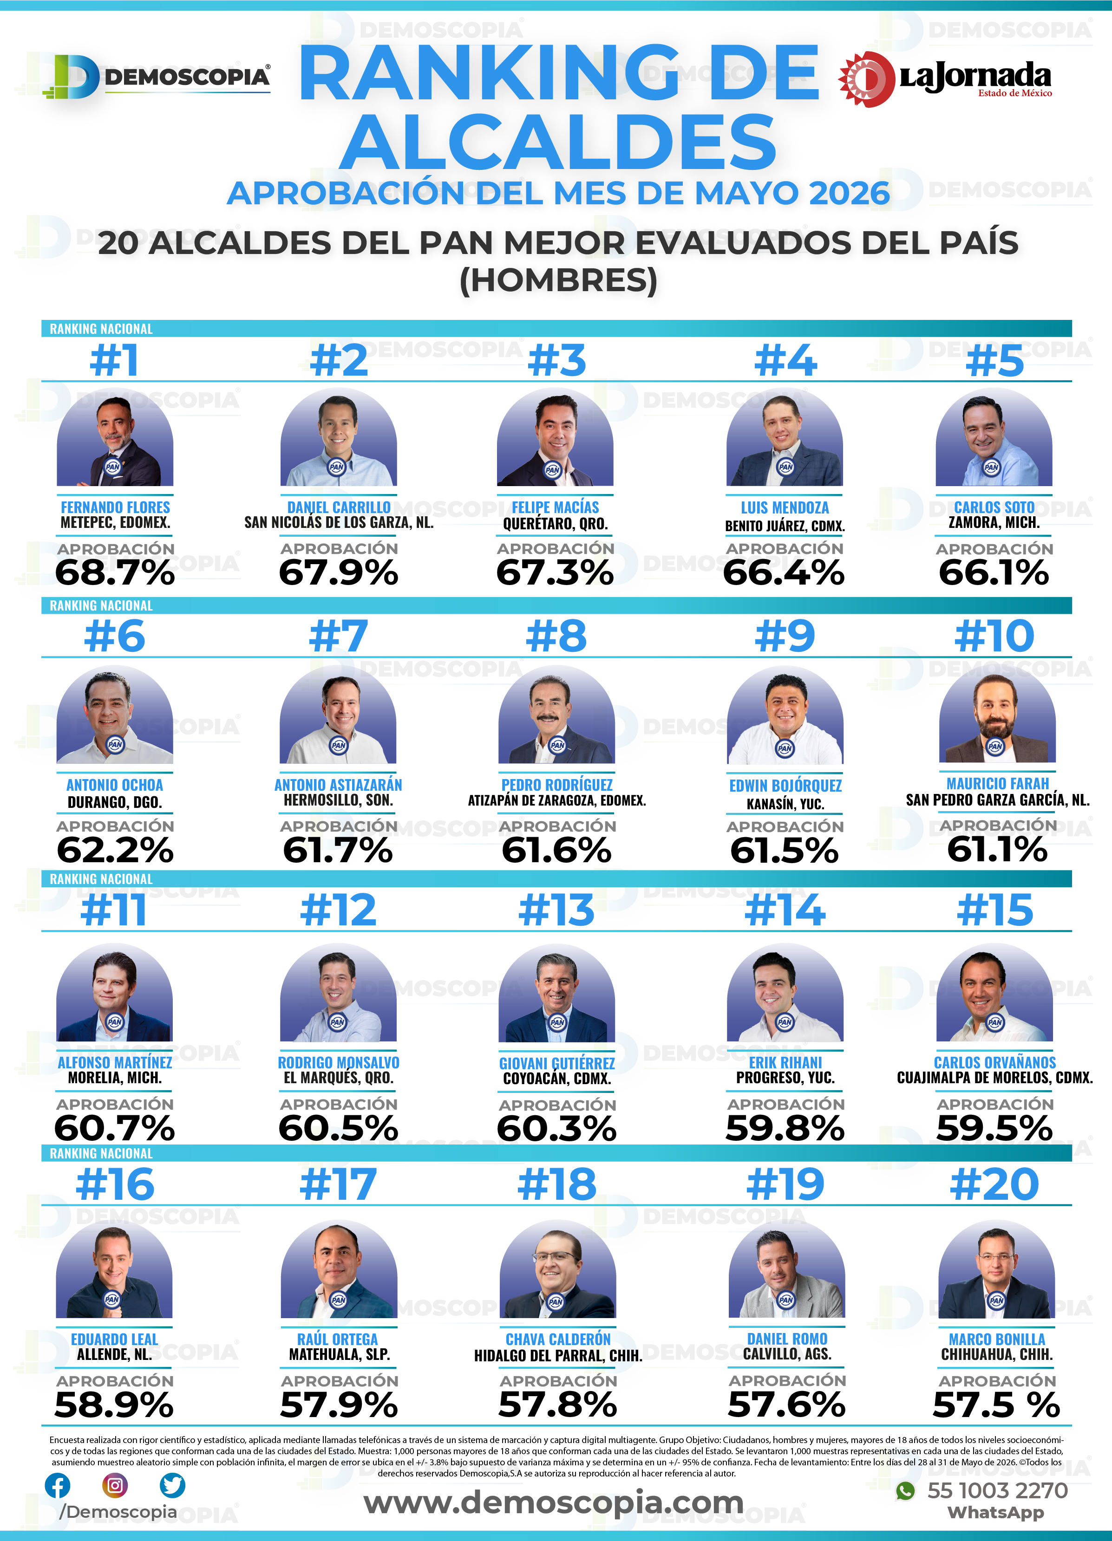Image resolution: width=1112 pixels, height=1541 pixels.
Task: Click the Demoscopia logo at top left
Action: (157, 77)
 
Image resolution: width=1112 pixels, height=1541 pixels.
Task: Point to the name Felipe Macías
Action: (556, 507)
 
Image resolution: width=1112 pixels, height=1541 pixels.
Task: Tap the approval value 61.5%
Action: (785, 850)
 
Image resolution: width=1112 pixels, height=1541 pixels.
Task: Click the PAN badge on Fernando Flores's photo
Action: (113, 467)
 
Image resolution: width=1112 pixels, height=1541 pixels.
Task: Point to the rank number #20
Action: (994, 1185)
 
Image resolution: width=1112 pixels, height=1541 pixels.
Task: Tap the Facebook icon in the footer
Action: (57, 1485)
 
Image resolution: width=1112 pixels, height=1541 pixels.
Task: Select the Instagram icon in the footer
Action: (115, 1485)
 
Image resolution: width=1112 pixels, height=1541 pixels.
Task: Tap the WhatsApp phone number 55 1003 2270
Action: (997, 1491)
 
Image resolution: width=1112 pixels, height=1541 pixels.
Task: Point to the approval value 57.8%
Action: (557, 1404)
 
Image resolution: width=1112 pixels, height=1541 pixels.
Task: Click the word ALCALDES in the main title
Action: (558, 141)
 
